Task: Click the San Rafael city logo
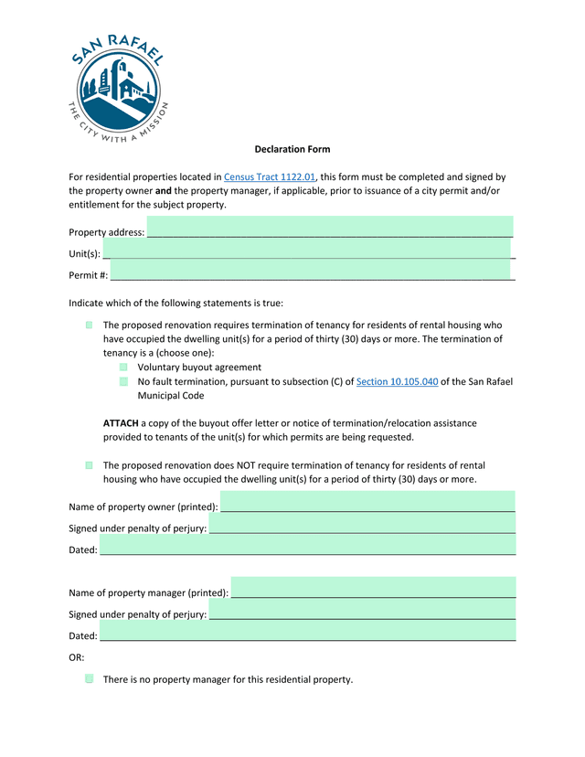pos(117,89)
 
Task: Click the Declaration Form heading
pos(292,149)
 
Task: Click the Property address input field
pos(329,229)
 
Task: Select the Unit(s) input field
pos(307,250)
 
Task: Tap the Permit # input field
pos(311,272)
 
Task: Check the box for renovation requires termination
pos(90,325)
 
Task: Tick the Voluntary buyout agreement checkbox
pos(123,367)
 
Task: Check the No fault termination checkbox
pos(123,381)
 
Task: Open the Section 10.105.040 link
pos(397,381)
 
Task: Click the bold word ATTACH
pos(121,423)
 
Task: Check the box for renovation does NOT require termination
pos(90,465)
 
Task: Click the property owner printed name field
pos(367,503)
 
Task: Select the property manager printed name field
pos(373,590)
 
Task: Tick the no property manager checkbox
pos(90,679)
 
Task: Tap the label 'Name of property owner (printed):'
pos(144,506)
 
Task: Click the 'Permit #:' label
pos(89,275)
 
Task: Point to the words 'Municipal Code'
pos(171,396)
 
